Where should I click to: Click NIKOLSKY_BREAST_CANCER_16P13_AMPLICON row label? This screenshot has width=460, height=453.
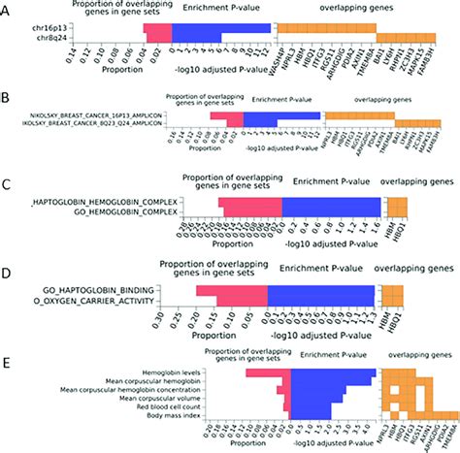coord(88,115)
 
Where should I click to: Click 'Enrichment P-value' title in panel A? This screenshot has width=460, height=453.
coord(221,9)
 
